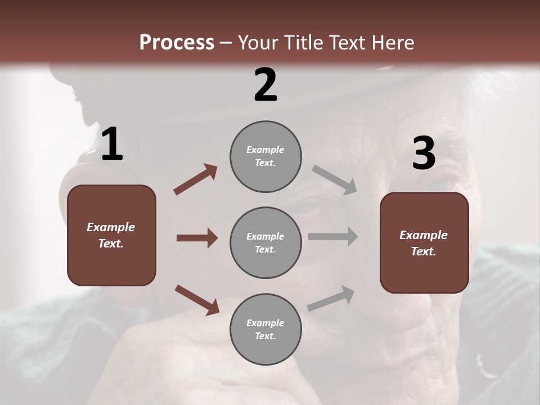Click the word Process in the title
click(x=177, y=43)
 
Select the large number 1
click(x=112, y=145)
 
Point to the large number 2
click(x=265, y=85)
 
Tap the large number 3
click(x=424, y=154)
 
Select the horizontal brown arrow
click(x=197, y=238)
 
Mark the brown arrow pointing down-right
click(x=197, y=300)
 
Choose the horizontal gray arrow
click(x=333, y=237)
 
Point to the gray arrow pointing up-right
click(x=331, y=299)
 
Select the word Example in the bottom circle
click(x=265, y=323)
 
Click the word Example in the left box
click(x=111, y=227)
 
